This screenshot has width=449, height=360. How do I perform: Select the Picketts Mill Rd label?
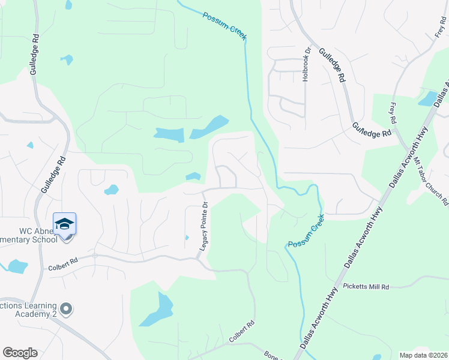(x=366, y=287)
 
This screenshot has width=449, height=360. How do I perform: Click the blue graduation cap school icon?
(x=64, y=224)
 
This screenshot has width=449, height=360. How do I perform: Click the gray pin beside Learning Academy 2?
(x=66, y=310)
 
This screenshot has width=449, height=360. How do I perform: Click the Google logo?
(x=20, y=353)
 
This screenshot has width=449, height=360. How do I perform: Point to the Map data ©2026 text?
(x=423, y=355)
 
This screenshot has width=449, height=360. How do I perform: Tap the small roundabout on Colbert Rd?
(x=95, y=256)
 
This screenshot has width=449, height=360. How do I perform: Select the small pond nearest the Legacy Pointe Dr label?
(x=193, y=176)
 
